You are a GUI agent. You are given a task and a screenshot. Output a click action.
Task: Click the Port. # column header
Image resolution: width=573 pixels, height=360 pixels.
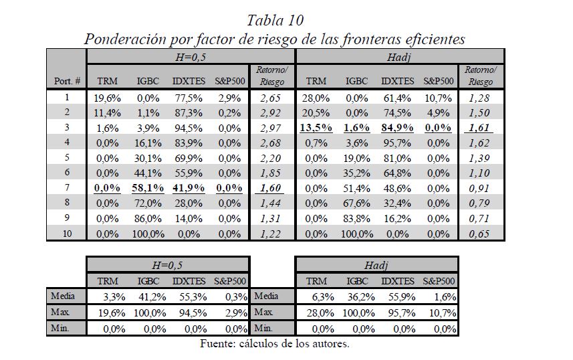(68, 81)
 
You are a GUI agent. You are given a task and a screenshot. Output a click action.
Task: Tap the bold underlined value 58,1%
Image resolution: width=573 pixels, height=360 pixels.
(147, 189)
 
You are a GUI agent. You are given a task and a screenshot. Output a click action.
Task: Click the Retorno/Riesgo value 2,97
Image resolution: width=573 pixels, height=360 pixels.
(272, 128)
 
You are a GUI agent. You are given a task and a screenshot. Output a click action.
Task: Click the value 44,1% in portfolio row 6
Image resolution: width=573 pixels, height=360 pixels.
(147, 173)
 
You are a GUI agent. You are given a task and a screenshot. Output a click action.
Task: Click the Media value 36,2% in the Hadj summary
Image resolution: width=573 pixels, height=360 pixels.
(360, 296)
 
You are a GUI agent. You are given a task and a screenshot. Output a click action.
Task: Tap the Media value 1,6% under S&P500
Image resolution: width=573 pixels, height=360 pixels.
(444, 296)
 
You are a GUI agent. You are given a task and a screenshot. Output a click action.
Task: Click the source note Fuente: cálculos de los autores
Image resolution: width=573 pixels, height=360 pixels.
(275, 345)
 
